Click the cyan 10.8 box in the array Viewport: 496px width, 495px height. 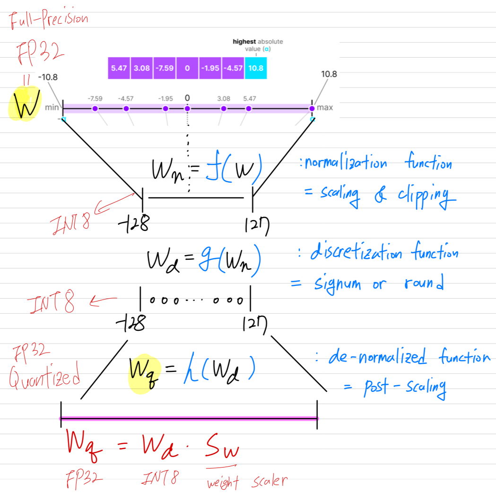coord(256,68)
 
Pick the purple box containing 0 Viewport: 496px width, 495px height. coord(187,68)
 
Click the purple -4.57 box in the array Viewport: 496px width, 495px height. coord(233,68)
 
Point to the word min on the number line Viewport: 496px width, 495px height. coord(52,108)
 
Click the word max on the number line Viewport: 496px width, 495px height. coord(325,108)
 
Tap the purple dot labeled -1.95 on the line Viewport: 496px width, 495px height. coord(165,108)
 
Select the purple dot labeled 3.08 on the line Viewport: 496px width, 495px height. coord(224,108)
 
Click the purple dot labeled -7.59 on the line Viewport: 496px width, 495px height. coord(95,108)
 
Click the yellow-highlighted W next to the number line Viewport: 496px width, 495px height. coord(25,105)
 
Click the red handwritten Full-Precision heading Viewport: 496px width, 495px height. coord(48,21)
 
